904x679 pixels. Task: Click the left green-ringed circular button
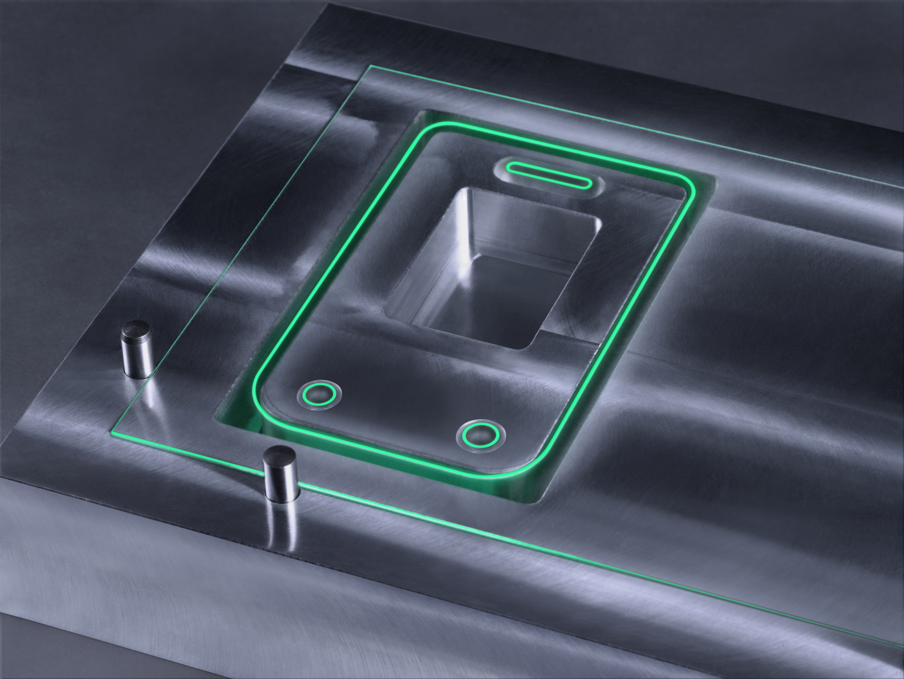pyautogui.click(x=319, y=394)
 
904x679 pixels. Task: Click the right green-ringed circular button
pyautogui.click(x=481, y=434)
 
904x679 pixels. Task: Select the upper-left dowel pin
pyautogui.click(x=136, y=351)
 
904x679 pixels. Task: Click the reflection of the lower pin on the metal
pyautogui.click(x=283, y=526)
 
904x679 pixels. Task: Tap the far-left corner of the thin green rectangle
pyautogui.click(x=368, y=66)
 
